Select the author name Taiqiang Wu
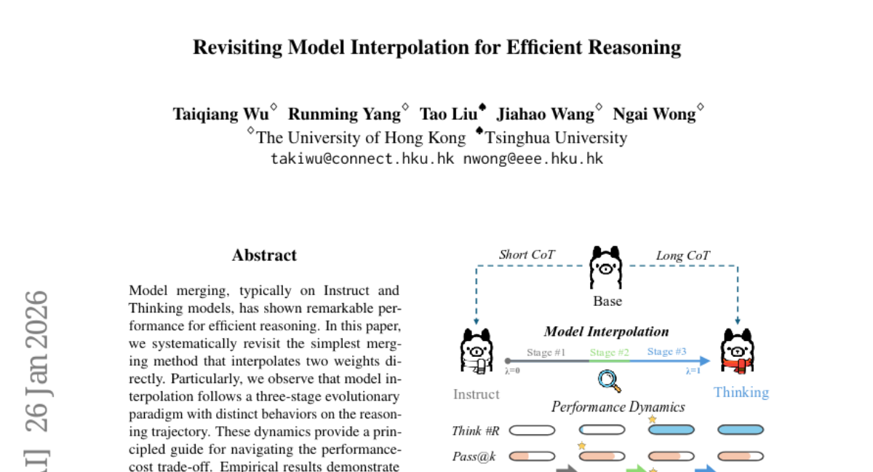[x=220, y=114]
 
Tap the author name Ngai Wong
[x=654, y=114]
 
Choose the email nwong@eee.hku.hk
[x=533, y=158]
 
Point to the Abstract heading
[x=264, y=255]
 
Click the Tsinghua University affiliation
[x=556, y=138]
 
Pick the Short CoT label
[x=527, y=255]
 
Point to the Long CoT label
[x=682, y=255]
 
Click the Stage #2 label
[x=609, y=353]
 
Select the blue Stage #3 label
[x=666, y=352]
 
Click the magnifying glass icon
[x=608, y=379]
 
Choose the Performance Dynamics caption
[x=618, y=406]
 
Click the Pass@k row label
[x=474, y=457]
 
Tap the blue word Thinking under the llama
[x=741, y=392]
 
